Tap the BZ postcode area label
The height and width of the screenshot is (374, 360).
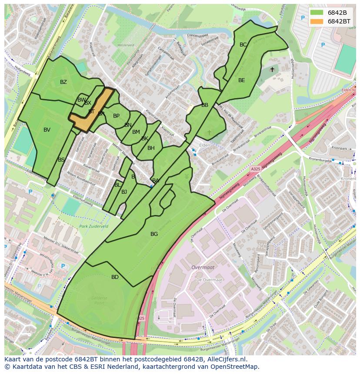coord(63,82)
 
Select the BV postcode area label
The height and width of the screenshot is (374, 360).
coord(47,130)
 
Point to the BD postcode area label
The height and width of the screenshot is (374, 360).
coord(115,277)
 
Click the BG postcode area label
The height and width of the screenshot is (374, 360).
coord(154,234)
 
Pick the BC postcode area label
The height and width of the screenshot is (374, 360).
coord(243,45)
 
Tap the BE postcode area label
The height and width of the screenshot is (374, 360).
coord(242,80)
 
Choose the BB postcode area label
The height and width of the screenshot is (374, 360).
coord(205,105)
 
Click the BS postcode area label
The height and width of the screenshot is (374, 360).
coord(61,160)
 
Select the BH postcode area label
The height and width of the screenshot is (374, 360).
coord(151,148)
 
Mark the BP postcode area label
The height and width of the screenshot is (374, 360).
coord(116,116)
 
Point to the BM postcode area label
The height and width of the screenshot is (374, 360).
coord(136,132)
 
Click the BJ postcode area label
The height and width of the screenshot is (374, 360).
coord(124,192)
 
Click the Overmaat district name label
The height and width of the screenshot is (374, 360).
coord(202,268)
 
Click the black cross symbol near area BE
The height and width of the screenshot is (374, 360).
coord(272,69)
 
